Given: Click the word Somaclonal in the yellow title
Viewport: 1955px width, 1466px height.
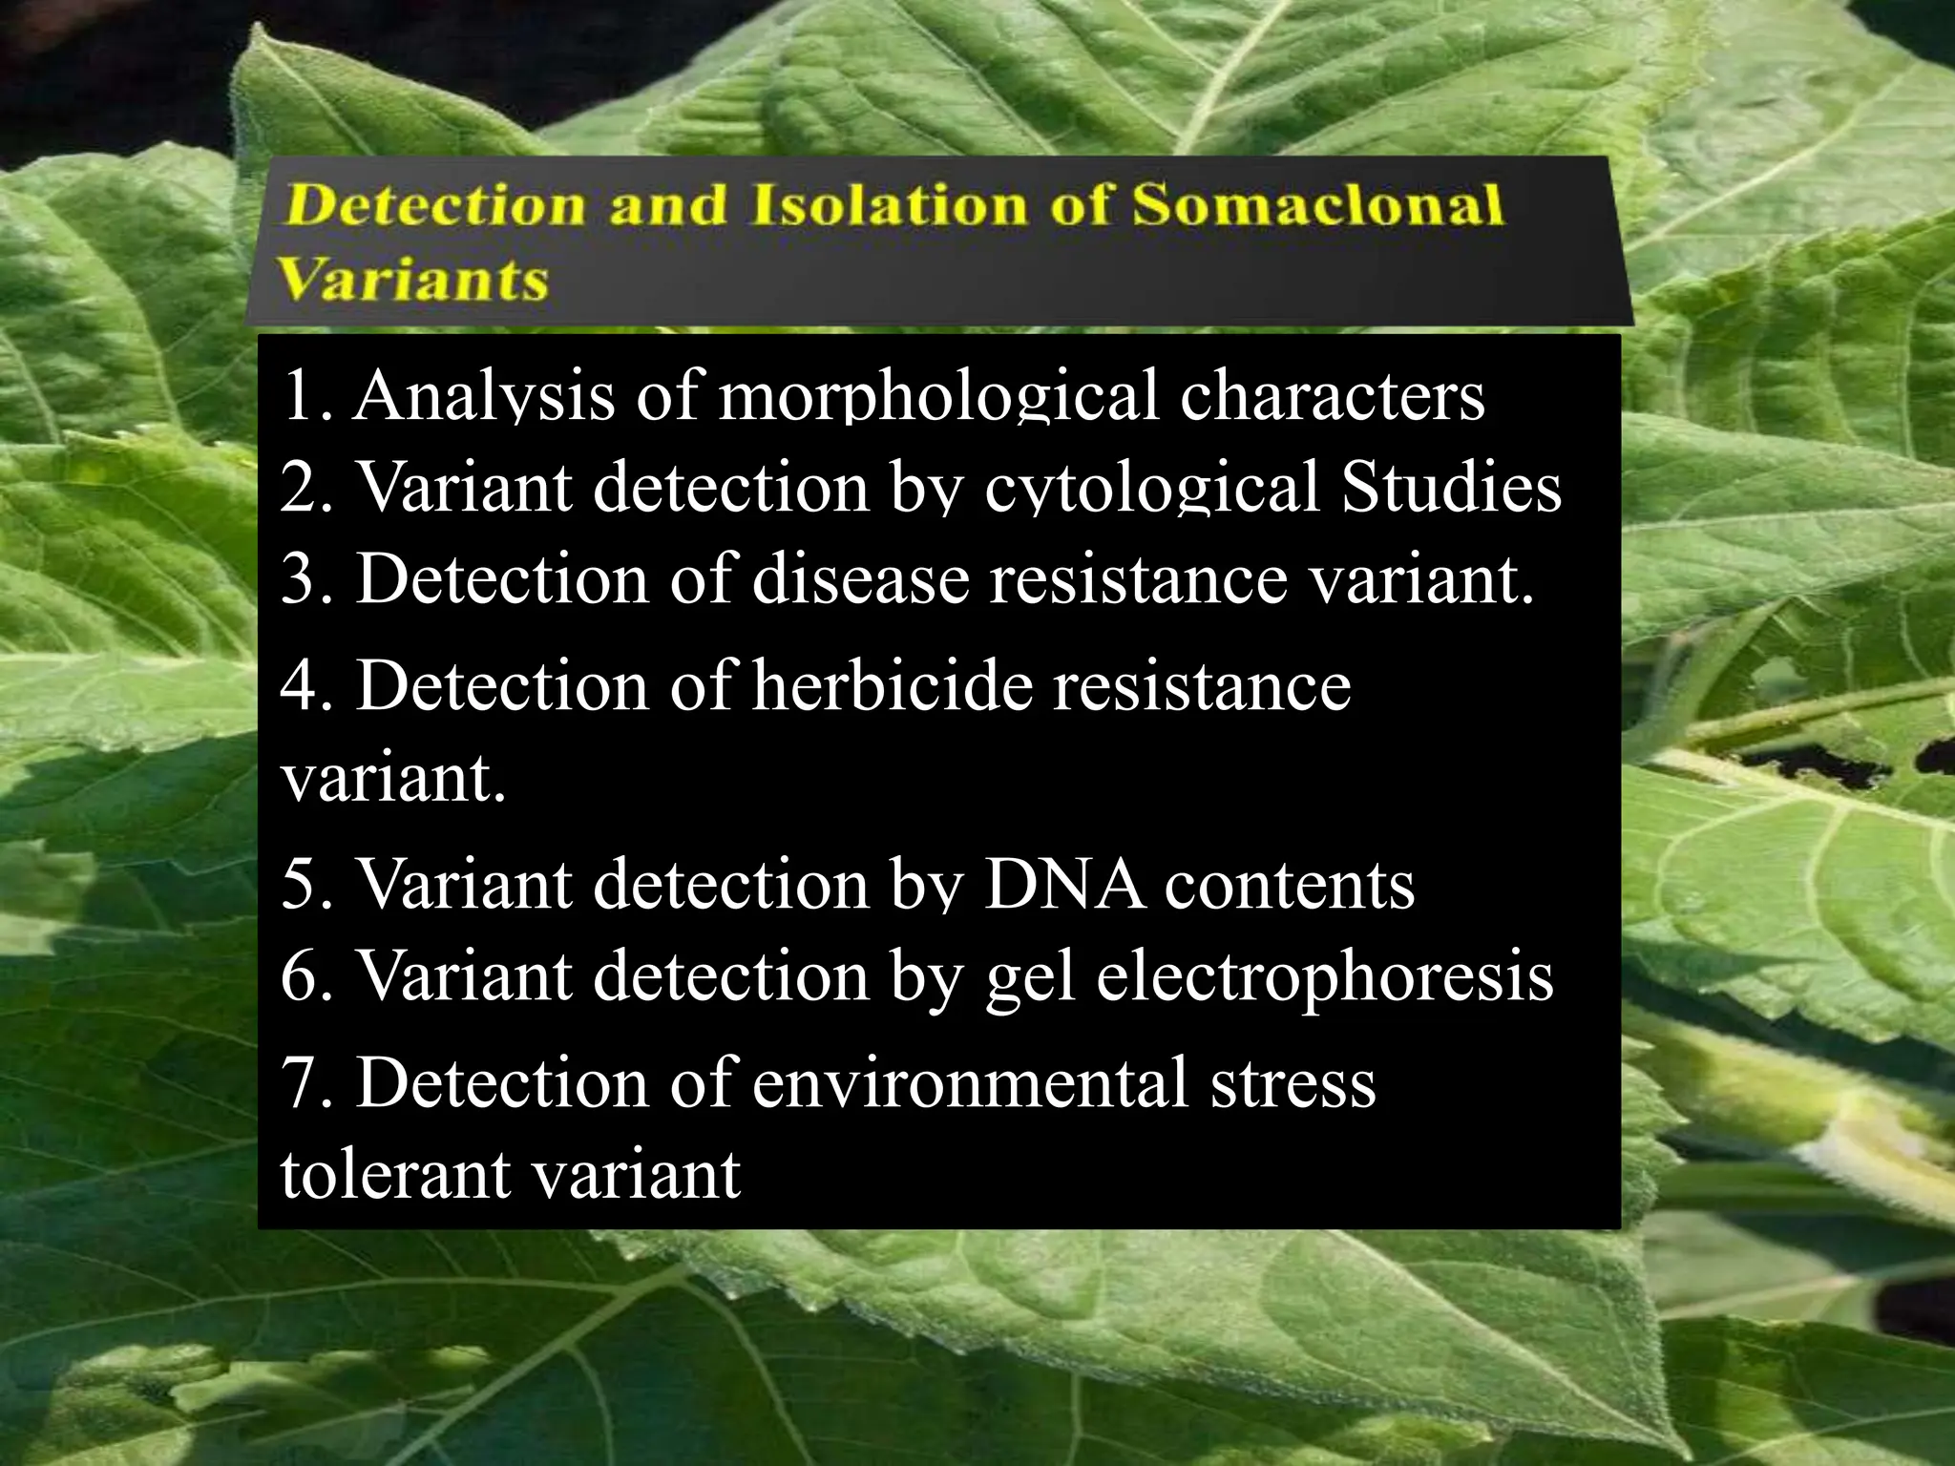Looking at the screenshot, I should (1317, 205).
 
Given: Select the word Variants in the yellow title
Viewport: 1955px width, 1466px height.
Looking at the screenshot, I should (414, 280).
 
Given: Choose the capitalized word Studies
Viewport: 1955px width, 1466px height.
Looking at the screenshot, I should (1451, 486).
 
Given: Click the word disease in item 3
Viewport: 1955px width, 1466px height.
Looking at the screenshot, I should (860, 578).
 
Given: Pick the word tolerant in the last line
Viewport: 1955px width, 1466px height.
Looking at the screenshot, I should (392, 1173).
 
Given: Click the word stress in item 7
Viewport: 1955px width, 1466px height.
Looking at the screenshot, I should (1293, 1082).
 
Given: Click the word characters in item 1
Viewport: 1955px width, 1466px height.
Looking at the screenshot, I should (1333, 394).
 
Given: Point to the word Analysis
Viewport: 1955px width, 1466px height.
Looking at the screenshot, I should (484, 396).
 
